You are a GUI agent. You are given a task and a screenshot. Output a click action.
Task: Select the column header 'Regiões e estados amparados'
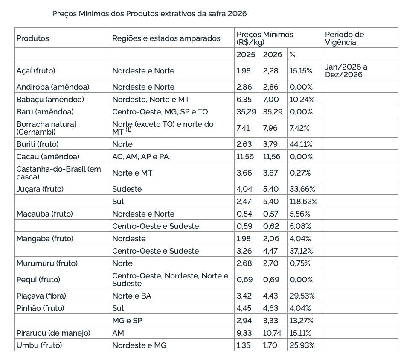coord(166,38)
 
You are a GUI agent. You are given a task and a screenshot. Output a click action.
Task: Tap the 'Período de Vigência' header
coord(344,38)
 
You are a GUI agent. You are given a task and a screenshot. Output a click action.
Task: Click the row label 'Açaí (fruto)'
coord(36,70)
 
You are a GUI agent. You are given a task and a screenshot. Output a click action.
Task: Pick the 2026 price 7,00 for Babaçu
coord(271,99)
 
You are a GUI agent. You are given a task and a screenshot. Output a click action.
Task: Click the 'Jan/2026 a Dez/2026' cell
coord(346,70)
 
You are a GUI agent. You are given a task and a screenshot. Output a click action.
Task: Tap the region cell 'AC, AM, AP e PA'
coord(140,157)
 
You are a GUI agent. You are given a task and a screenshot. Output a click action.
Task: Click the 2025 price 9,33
coord(244,333)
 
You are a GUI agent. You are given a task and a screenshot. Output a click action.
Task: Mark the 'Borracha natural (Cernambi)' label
coord(46,128)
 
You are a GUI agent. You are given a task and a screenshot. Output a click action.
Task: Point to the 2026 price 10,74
coord(273,333)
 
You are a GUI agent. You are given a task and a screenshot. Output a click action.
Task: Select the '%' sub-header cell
coord(292,54)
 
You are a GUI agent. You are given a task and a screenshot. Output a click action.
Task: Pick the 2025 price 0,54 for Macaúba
coord(244,214)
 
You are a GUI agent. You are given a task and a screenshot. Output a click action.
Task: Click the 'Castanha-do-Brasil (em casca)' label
coord(58,173)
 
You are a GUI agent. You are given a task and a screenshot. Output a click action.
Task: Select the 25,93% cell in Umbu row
coord(302,345)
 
